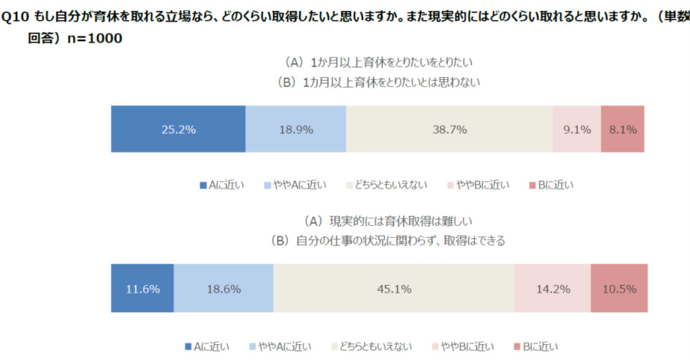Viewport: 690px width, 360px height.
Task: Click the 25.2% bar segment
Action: point(177,129)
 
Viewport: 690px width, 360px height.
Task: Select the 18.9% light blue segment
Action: point(296,129)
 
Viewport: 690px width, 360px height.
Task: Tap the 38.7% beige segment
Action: point(449,129)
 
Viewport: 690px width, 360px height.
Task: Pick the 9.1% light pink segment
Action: point(577,129)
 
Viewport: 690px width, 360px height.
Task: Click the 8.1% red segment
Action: point(622,129)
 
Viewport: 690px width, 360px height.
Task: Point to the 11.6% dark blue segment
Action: point(142,288)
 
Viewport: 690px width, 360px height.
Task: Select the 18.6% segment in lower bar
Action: point(223,288)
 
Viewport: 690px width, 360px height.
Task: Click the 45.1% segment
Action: point(394,288)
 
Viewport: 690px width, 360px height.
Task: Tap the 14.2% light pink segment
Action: point(552,288)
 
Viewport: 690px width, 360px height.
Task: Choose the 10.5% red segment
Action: point(617,288)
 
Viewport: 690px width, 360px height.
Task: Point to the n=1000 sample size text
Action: point(94,39)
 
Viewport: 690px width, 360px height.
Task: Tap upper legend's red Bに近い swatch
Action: point(532,185)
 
